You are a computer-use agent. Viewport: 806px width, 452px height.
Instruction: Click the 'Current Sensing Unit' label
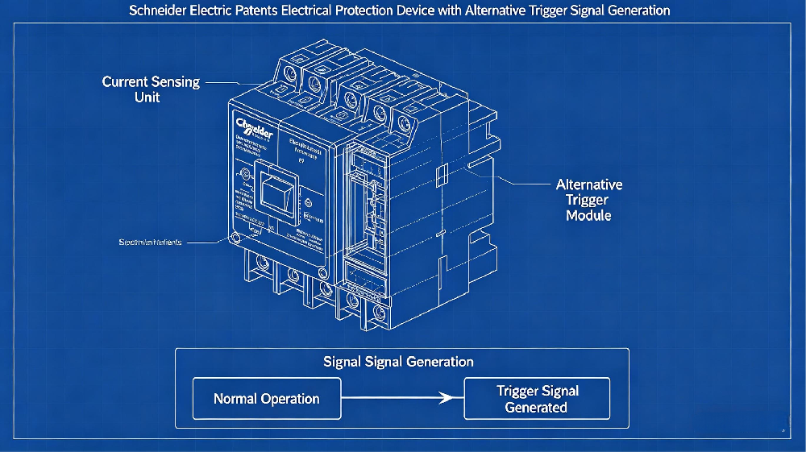151,89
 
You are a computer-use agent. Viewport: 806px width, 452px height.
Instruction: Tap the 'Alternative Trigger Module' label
588,200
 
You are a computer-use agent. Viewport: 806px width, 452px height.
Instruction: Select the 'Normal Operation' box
266,399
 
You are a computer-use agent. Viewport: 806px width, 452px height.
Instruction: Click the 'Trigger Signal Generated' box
537,399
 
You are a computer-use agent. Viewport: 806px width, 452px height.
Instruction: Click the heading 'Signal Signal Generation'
398,362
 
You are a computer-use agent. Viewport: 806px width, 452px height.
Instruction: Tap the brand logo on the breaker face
256,129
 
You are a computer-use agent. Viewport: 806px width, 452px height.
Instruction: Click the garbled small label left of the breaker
150,242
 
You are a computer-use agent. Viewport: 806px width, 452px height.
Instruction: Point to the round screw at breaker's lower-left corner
235,238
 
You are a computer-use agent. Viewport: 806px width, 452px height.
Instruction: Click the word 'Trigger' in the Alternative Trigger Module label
588,200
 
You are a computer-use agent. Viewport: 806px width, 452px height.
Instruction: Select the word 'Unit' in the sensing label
147,97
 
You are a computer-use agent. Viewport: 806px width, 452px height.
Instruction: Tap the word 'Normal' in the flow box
237,399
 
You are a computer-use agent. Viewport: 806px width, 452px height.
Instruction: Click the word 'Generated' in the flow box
536,408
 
